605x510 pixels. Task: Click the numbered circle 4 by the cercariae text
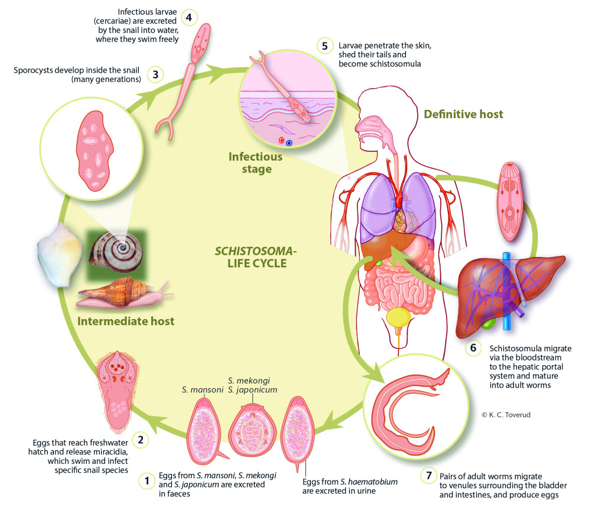tap(188, 17)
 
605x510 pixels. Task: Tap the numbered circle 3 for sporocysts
tap(155, 75)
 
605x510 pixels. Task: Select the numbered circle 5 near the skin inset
tap(323, 46)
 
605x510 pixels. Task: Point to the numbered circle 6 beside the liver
tap(473, 348)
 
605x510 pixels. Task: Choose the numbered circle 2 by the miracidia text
tap(141, 439)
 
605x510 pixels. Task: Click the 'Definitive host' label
tap(463, 113)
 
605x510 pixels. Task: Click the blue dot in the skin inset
tap(288, 142)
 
